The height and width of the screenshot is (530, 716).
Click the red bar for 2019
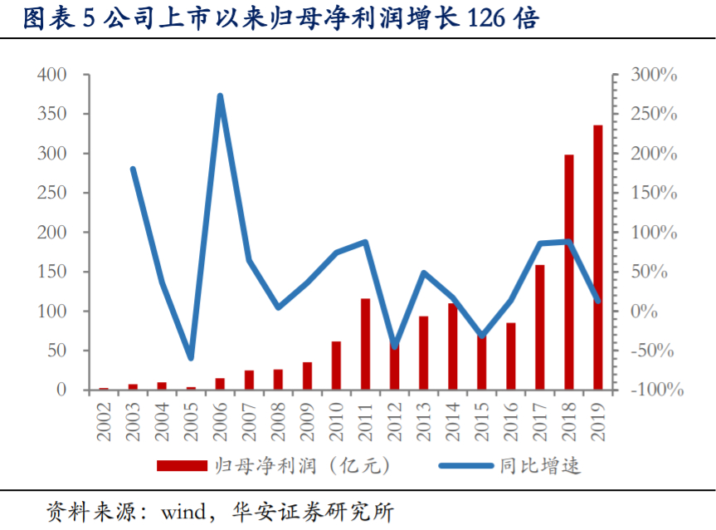tap(598, 258)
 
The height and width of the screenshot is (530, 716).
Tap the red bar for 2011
tap(365, 344)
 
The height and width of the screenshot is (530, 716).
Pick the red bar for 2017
tap(540, 327)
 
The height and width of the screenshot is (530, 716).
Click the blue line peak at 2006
tap(220, 96)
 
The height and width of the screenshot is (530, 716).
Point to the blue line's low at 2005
tap(191, 358)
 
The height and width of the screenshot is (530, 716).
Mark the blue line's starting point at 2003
tap(133, 169)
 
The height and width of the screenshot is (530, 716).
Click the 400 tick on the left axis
tap(51, 75)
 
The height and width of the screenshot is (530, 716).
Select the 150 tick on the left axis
tap(51, 272)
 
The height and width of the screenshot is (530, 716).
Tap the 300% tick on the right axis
tap(654, 75)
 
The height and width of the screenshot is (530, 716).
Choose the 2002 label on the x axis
tap(104, 420)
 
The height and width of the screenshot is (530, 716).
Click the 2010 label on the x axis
tap(336, 420)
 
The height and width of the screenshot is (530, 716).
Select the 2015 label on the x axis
tap(482, 420)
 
